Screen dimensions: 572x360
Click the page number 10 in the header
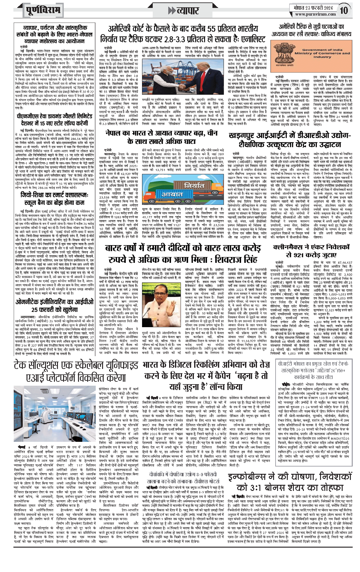344,10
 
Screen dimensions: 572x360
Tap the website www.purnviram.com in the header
315,14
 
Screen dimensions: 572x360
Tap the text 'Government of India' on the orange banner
322,50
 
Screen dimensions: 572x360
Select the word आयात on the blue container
173,194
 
